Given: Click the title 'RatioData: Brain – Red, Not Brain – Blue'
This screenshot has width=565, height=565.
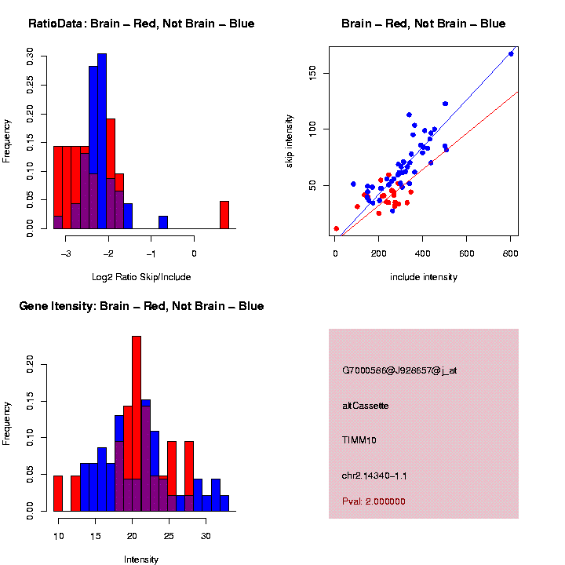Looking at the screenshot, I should (141, 24).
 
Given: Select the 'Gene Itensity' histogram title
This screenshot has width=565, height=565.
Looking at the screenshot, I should (141, 306).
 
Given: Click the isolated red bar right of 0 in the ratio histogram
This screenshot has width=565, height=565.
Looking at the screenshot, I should (224, 215).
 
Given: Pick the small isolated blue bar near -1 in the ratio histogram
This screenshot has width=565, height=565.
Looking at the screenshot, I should (163, 222).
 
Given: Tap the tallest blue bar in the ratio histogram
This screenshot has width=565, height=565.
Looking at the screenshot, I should (102, 141).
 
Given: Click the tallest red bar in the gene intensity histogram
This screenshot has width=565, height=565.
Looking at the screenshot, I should (137, 424).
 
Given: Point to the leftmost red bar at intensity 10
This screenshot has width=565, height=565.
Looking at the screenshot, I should (58, 494).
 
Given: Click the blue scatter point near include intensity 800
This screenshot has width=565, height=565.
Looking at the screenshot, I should (511, 53).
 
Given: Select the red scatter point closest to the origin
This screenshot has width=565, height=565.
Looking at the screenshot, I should (337, 228).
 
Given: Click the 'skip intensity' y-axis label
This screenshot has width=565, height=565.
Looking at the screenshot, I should (290, 140).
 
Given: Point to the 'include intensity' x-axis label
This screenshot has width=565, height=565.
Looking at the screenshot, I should (424, 277).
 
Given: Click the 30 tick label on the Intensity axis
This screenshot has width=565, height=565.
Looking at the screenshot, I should (206, 535).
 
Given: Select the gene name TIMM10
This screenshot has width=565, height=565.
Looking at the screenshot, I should (359, 440).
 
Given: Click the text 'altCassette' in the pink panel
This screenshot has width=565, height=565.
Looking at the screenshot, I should (366, 406).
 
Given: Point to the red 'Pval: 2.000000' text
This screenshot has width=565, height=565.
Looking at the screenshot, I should (374, 501).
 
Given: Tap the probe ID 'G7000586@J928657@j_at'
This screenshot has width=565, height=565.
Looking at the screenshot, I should (399, 370).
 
